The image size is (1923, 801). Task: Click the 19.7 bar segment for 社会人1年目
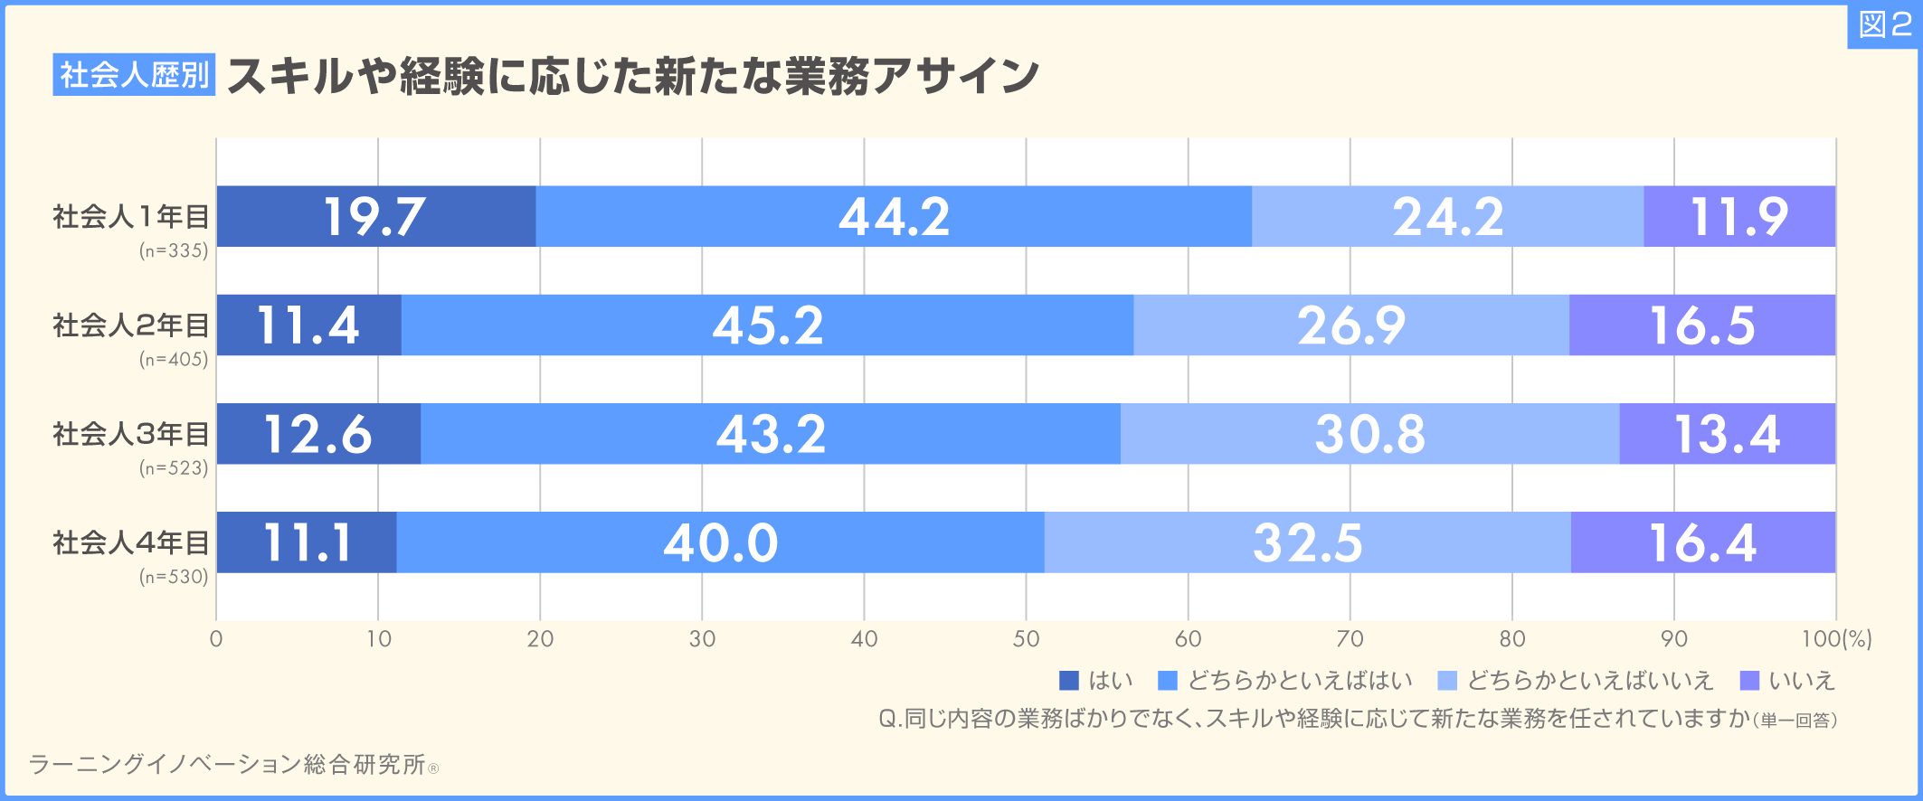(x=375, y=217)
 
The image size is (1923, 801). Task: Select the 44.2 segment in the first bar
(x=894, y=217)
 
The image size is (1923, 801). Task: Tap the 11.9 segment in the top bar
(x=1739, y=217)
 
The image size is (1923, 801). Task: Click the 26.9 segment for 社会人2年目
(x=1351, y=325)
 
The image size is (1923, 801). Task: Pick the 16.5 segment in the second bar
(x=1702, y=325)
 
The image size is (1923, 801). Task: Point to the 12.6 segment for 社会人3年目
(x=318, y=434)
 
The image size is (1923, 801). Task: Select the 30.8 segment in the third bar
(x=1369, y=434)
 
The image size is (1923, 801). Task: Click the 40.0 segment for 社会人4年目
(x=720, y=542)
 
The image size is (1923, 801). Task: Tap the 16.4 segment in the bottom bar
(x=1703, y=542)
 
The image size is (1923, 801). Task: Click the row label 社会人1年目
(x=131, y=217)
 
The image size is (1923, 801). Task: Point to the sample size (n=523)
(x=174, y=468)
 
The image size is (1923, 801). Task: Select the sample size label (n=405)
(x=174, y=360)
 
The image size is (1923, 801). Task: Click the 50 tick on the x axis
(x=1026, y=639)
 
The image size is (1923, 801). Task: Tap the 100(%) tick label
(x=1836, y=639)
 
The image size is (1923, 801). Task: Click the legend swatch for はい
(x=1069, y=681)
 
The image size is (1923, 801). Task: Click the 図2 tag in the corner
(x=1883, y=25)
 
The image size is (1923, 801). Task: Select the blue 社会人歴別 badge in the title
(x=134, y=74)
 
